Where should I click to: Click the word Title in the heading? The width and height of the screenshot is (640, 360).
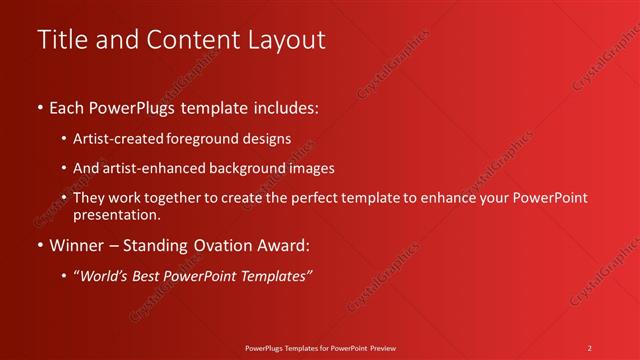coord(61,40)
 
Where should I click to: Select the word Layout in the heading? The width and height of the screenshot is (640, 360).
coord(283,40)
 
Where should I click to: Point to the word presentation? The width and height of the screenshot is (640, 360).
coord(117,214)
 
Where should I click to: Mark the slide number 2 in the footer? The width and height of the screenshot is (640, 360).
coord(590,347)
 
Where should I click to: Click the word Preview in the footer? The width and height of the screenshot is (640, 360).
coord(381,347)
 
